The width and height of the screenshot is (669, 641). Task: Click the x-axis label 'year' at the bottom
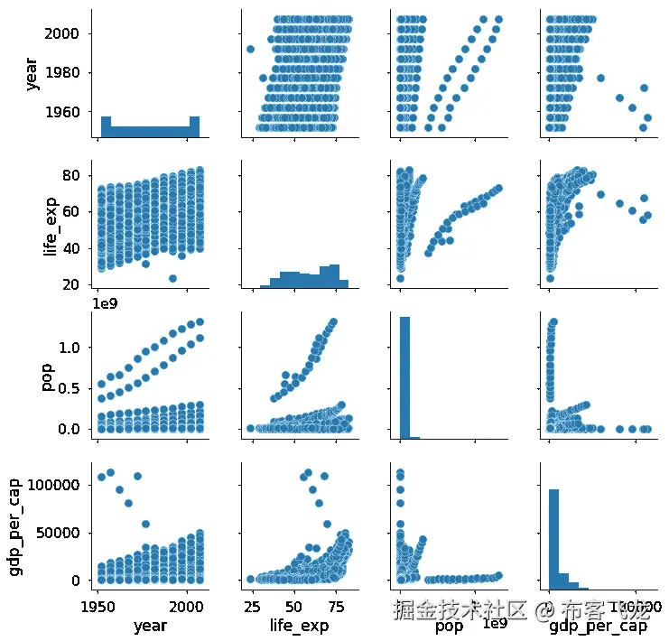pos(149,625)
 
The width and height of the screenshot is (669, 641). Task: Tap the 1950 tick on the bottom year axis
pos(98,604)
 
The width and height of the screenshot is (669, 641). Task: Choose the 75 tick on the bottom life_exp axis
pos(335,604)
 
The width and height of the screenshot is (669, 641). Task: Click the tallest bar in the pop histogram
pos(406,376)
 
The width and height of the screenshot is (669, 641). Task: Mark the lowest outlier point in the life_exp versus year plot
pos(172,278)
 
